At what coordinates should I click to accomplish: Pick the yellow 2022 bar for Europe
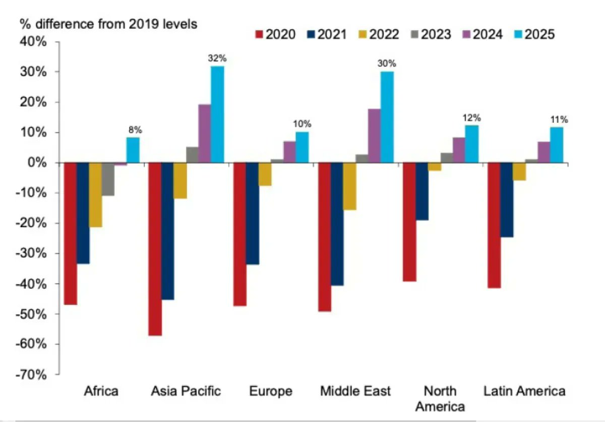(x=265, y=174)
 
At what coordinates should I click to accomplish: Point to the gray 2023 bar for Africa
(x=108, y=179)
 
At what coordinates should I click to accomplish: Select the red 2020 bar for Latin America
(x=494, y=225)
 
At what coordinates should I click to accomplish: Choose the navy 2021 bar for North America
(x=421, y=191)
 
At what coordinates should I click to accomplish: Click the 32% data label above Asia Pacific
(x=217, y=58)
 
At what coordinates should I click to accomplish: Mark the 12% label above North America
(x=472, y=118)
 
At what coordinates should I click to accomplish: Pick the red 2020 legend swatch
(x=260, y=35)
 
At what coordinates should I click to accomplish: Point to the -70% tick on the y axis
(x=33, y=375)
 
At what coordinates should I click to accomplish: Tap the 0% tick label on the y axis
(x=38, y=163)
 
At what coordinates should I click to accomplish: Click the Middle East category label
(x=355, y=391)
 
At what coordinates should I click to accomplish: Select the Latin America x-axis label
(x=524, y=391)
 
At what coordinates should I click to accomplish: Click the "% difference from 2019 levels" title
(x=108, y=23)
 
